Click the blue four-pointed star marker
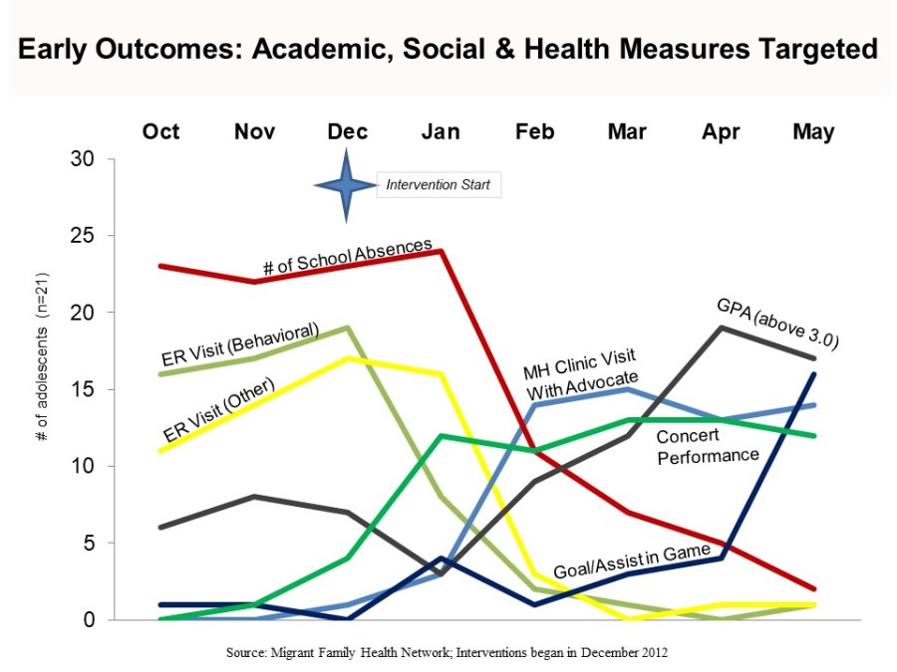tap(346, 185)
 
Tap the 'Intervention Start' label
tap(438, 185)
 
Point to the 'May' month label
tap(813, 131)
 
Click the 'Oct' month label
tap(161, 131)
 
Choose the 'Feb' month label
tap(534, 131)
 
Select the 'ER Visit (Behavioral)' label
tap(239, 344)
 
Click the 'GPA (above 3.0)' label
tap(777, 323)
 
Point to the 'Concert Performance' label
tap(708, 445)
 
